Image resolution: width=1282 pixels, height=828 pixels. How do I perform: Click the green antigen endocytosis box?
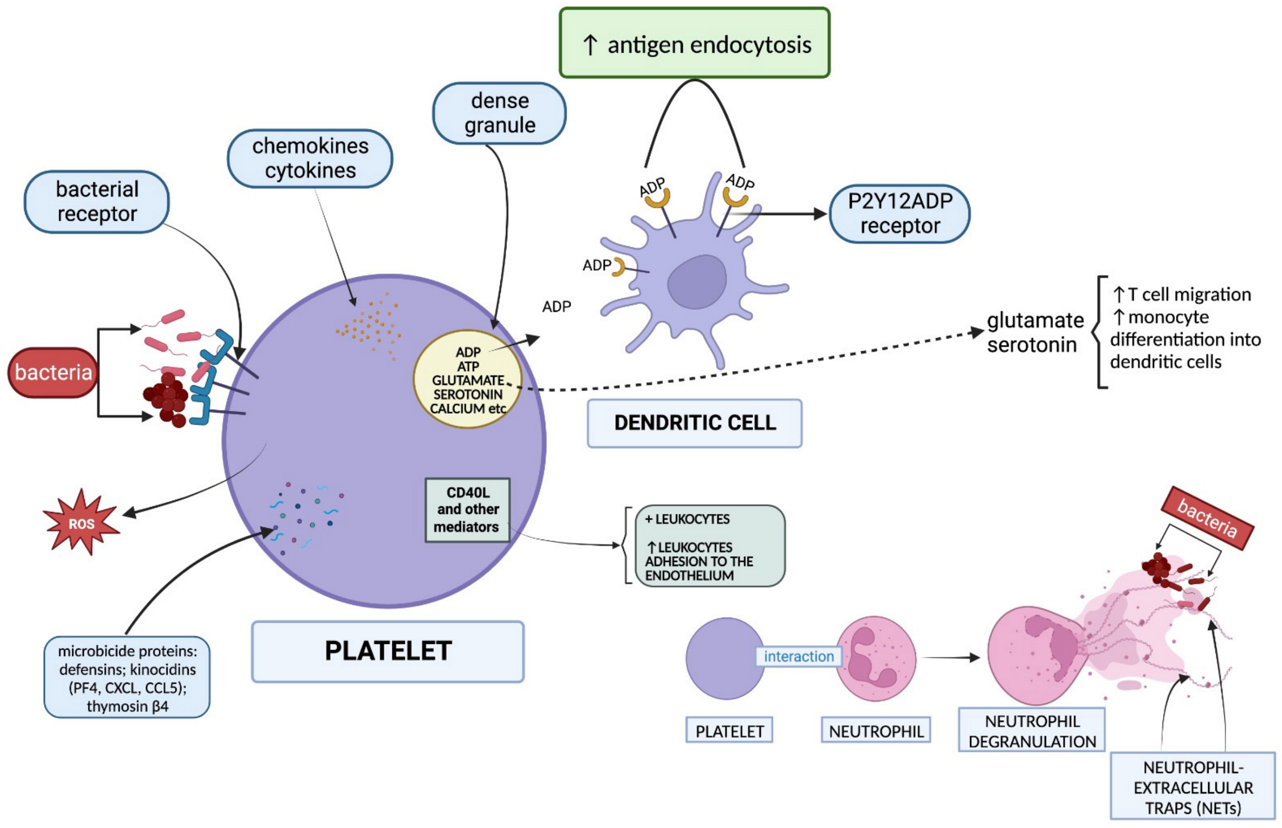pos(694,43)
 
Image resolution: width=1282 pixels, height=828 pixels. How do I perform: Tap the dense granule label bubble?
pos(499,113)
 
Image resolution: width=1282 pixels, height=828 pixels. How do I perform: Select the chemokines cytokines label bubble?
pos(310,159)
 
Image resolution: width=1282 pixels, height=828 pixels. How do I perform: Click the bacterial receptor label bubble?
pos(97,202)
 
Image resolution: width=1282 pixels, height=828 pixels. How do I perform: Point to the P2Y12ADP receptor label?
pos(899,214)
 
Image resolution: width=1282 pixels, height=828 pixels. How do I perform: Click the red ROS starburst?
pos(81,522)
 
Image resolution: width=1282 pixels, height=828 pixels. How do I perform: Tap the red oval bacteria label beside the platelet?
pos(53,372)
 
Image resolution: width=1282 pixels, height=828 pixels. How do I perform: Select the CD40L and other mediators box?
pos(467,510)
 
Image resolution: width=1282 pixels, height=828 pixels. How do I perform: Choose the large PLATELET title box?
pos(388,651)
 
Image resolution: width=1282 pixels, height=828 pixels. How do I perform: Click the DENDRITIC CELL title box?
pos(694,423)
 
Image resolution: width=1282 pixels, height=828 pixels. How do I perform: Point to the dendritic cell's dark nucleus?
pos(696,281)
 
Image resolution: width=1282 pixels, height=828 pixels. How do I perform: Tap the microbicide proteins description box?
pos(127,677)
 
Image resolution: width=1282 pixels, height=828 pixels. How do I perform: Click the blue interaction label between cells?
pos(798,656)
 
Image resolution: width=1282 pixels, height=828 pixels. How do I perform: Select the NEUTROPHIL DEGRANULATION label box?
pos(1031,730)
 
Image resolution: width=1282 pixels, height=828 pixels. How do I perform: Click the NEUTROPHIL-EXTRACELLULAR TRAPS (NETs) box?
pos(1193,787)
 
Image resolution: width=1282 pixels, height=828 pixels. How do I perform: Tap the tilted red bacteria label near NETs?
pos(1206,518)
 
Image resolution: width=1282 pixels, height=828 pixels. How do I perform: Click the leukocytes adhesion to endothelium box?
pos(710,546)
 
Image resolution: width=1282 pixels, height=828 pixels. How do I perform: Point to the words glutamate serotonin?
pos(1035,332)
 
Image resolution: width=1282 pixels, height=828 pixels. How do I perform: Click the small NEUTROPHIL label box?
pos(876,731)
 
